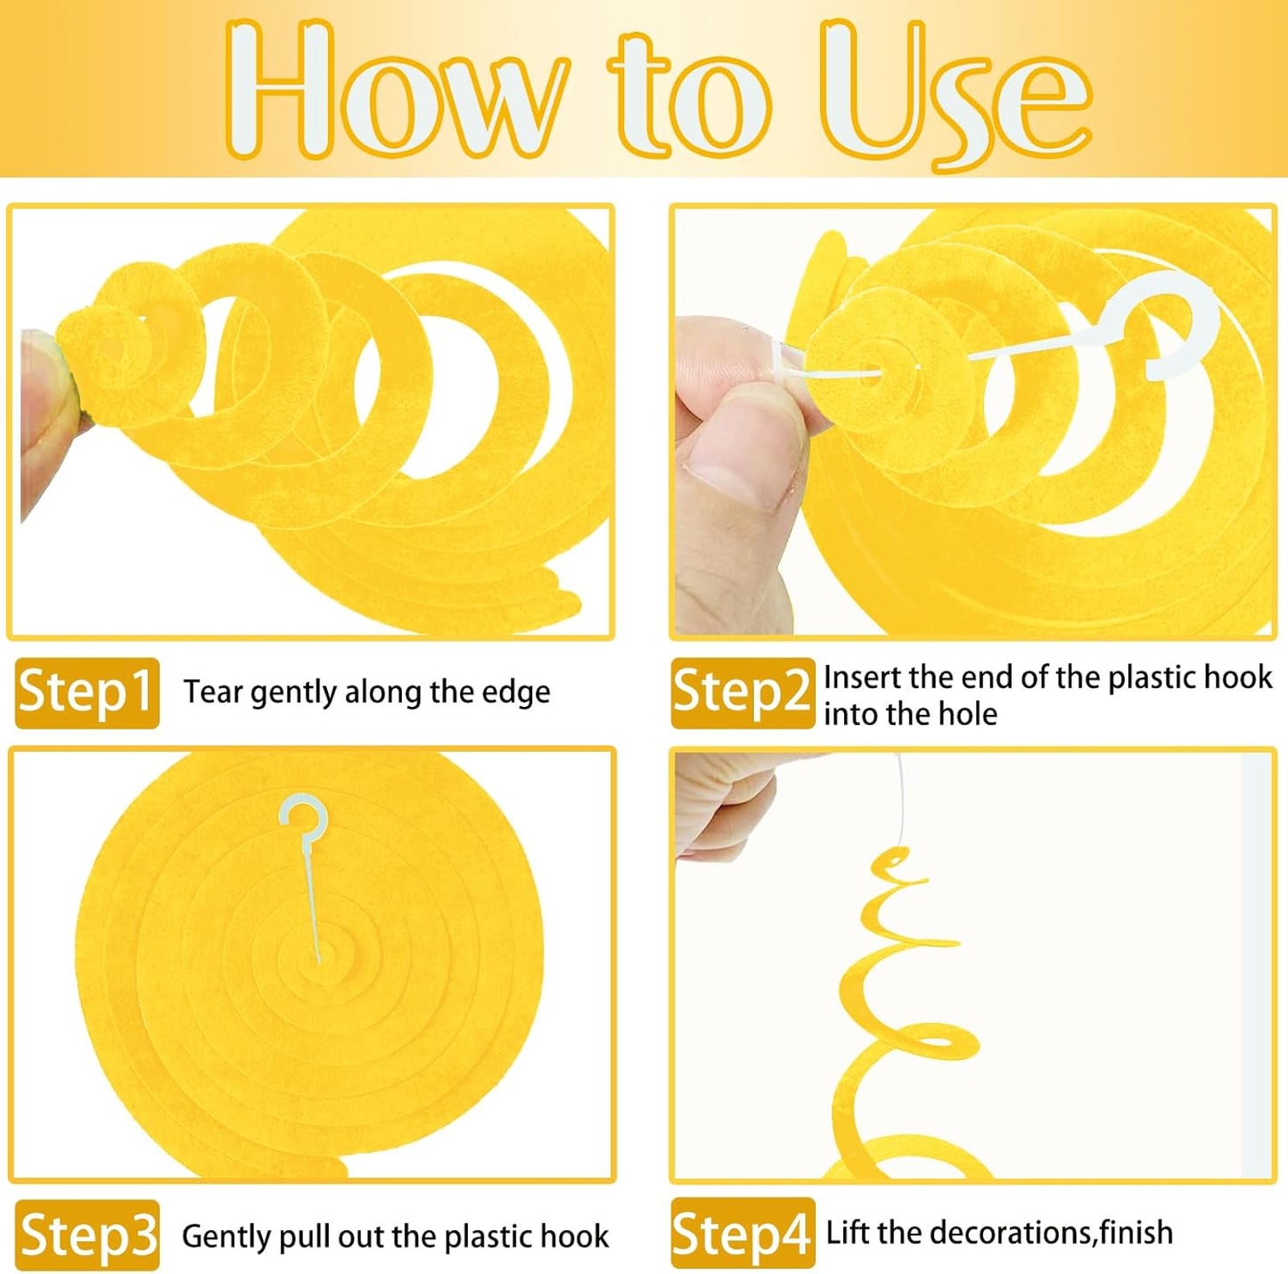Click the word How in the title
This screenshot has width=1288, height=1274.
pyautogui.click(x=394, y=90)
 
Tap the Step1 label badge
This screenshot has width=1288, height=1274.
pyautogui.click(x=86, y=693)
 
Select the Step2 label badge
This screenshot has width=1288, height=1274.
pyautogui.click(x=742, y=693)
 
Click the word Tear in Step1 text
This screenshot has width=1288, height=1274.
pyautogui.click(x=213, y=692)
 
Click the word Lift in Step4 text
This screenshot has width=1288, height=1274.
pyautogui.click(x=849, y=1232)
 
